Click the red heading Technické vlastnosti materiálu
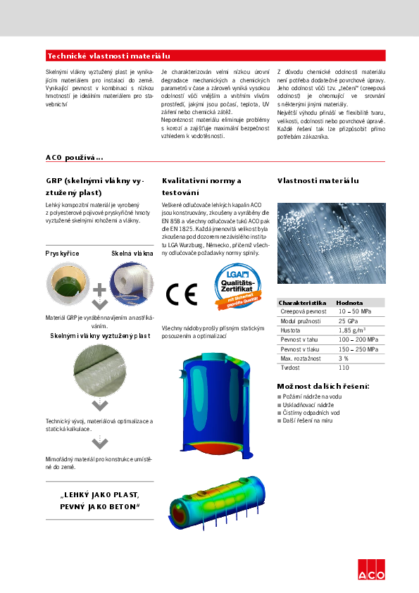pos(108,56)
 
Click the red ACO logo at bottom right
pos(371,570)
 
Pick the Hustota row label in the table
pos(290,330)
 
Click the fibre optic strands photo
pos(331,242)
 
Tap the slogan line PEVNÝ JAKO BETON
pos(99,507)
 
